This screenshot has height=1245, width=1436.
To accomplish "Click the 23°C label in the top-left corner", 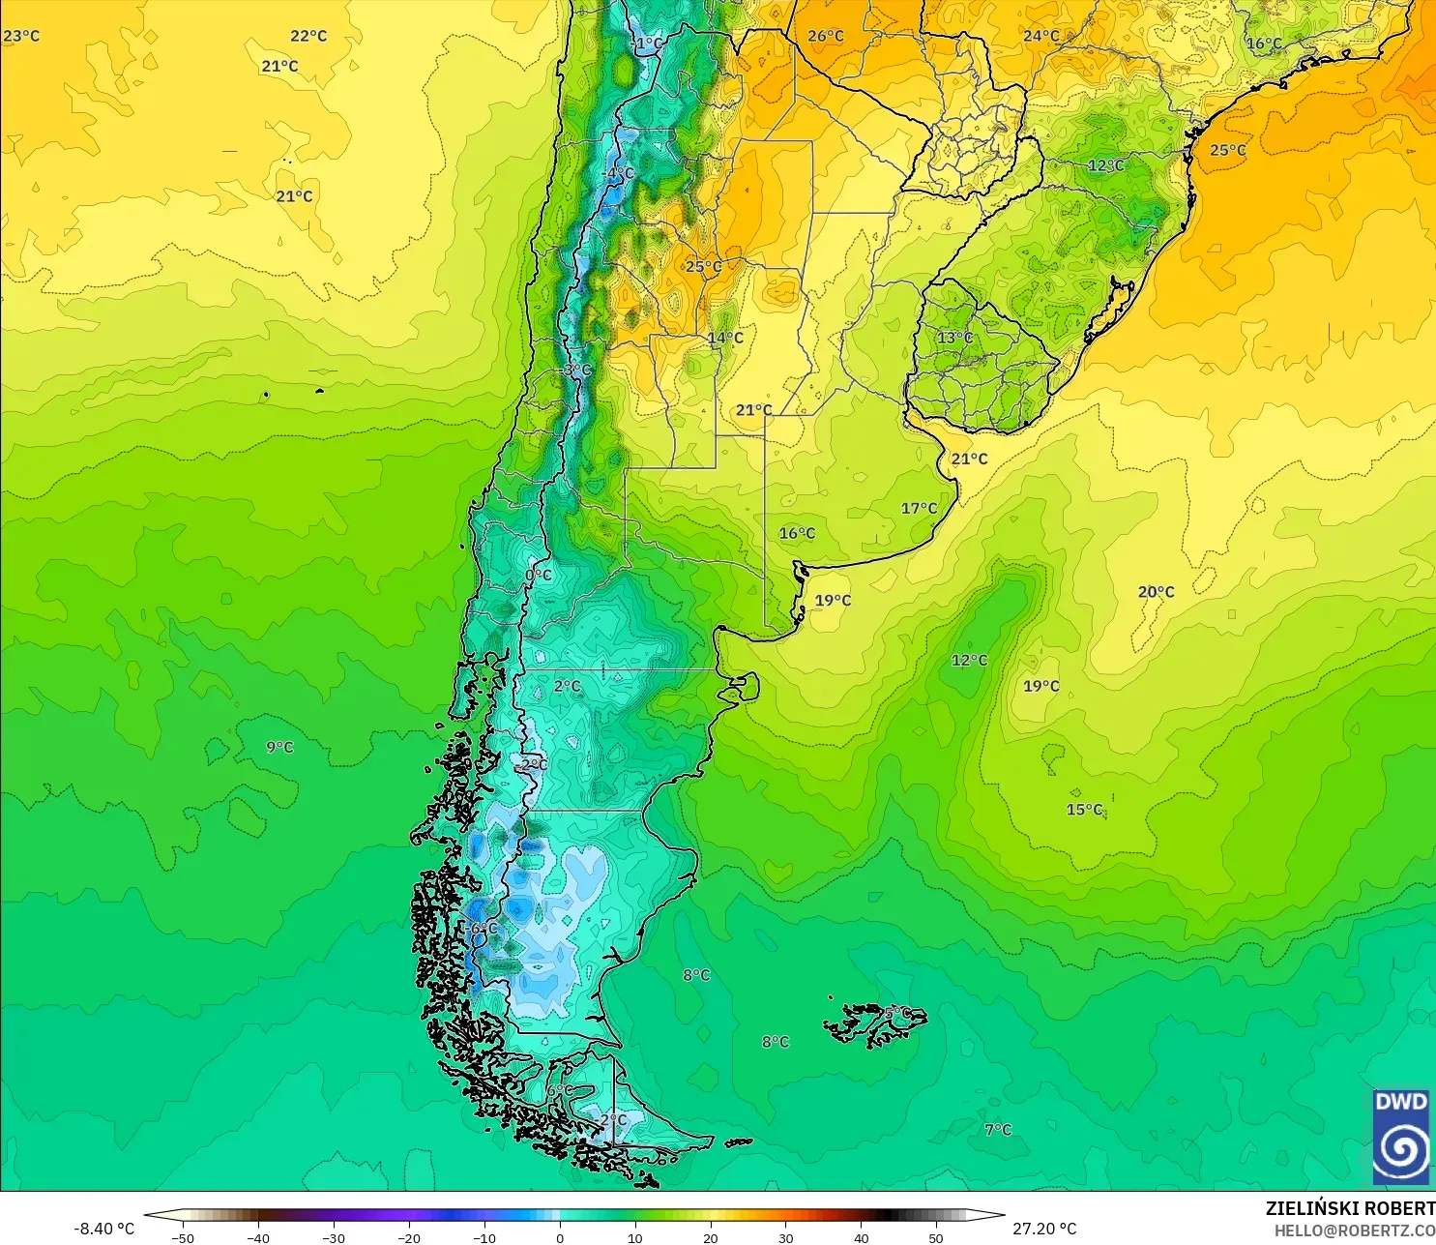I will click(21, 36).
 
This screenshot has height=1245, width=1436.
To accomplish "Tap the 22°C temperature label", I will click(308, 36).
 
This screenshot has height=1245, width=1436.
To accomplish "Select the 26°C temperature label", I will click(826, 36).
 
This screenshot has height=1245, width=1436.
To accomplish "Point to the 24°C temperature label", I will click(1041, 36).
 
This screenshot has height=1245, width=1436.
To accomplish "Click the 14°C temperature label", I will click(725, 338).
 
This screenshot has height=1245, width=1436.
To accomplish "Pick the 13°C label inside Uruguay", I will click(955, 338).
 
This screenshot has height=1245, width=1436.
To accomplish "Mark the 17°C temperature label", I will click(920, 508).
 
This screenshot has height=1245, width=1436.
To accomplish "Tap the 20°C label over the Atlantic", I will click(1156, 592).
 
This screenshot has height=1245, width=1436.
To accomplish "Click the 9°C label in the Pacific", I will click(279, 747).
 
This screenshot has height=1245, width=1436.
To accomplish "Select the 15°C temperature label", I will click(1084, 810).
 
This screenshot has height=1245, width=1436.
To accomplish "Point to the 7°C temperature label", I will click(998, 1129).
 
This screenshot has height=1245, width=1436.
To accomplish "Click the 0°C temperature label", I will click(539, 575).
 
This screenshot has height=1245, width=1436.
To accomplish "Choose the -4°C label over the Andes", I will click(619, 173).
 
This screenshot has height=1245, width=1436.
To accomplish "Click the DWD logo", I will click(1401, 1136).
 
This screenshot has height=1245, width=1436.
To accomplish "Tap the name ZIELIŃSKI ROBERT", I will click(1350, 1208).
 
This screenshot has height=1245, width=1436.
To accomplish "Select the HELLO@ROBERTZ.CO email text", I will click(1354, 1230).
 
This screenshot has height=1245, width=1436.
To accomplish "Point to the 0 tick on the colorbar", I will click(560, 1237).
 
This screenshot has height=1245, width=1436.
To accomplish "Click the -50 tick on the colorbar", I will click(183, 1237).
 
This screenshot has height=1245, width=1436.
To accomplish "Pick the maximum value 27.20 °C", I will click(1044, 1229).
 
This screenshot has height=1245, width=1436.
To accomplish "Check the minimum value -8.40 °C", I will click(104, 1229).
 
